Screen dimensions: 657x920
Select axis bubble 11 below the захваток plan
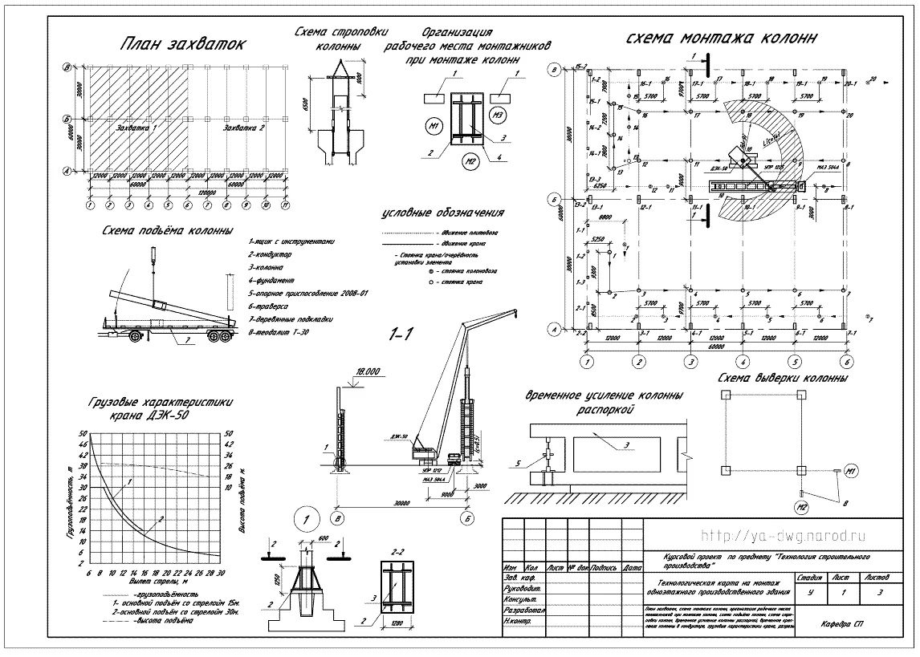click(x=286, y=205)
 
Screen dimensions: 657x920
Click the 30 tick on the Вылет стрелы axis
click(x=219, y=573)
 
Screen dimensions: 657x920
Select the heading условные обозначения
click(x=444, y=213)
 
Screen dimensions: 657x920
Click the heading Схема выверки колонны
click(x=783, y=379)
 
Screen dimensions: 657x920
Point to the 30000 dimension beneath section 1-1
click(x=403, y=505)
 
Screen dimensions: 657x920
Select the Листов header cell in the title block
click(x=880, y=577)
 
